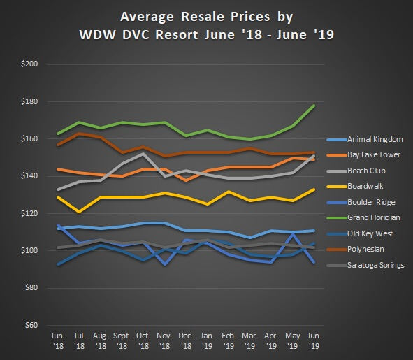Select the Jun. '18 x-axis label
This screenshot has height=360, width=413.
pos(58,340)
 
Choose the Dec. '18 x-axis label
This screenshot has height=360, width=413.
pos(186,340)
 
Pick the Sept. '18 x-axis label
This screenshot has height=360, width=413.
pos(122,340)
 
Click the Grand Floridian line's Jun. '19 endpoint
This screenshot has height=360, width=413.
pos(314,106)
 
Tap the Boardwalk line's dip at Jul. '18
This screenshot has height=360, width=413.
pos(80,211)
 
